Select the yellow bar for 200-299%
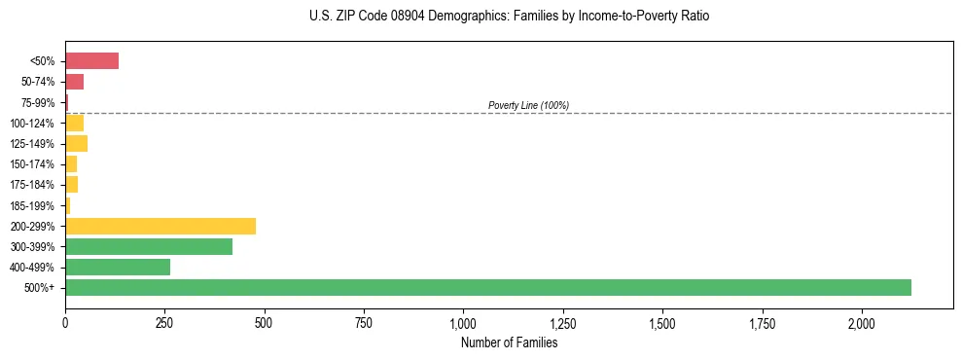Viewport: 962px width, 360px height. point(160,226)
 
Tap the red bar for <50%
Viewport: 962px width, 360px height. point(91,61)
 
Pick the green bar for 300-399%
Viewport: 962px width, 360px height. point(149,246)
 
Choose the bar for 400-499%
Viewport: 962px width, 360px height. point(118,267)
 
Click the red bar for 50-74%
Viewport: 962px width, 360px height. point(74,82)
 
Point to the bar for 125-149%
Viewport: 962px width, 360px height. point(76,144)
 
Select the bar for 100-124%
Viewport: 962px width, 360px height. point(74,123)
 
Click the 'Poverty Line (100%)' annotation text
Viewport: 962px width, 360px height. point(528,105)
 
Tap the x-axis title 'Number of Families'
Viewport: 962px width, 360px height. point(509,342)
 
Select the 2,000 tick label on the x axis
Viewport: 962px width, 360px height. point(861,322)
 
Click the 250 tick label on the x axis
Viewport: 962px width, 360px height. point(164,322)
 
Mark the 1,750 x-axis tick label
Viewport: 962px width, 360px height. point(762,322)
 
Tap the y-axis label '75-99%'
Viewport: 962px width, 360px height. point(39,102)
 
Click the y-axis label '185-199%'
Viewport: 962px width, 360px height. point(34,205)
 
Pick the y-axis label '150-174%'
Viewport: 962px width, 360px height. point(34,164)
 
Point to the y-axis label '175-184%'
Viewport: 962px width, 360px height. point(34,185)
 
